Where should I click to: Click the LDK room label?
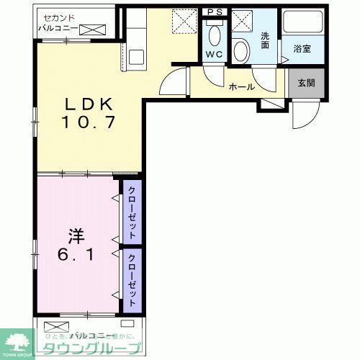pos(85,102)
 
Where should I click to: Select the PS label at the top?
pos(214,12)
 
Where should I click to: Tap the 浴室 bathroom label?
pos(301,49)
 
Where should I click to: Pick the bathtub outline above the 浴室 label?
pos(301,24)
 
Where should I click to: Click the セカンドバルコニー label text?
pos(58,22)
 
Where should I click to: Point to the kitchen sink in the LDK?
pos(135,53)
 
